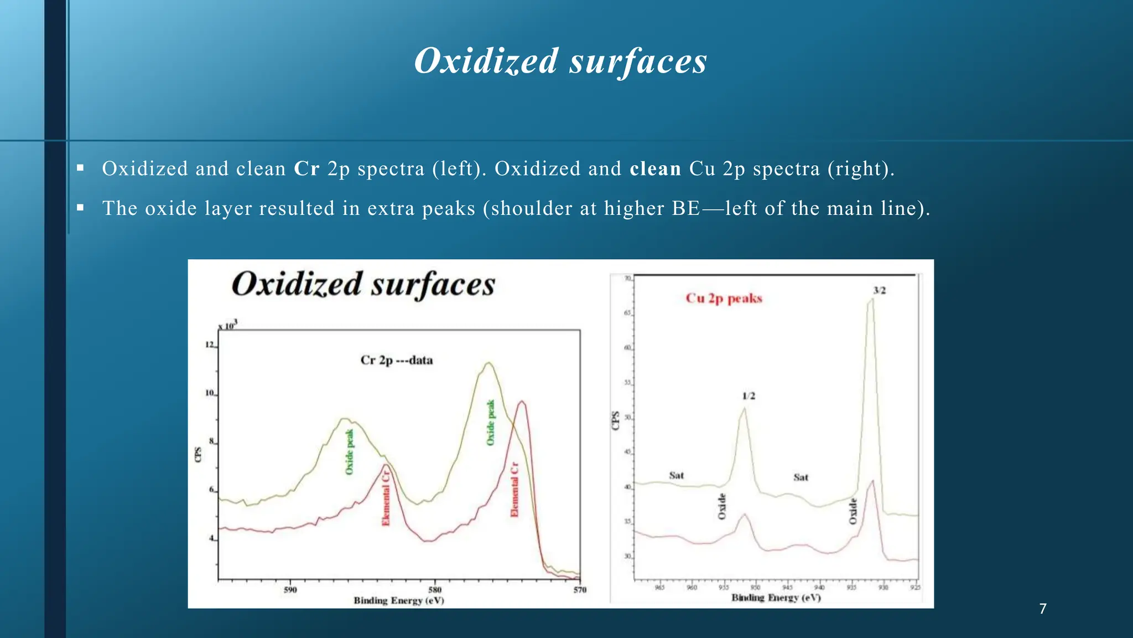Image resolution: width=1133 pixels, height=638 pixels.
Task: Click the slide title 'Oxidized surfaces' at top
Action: (560, 61)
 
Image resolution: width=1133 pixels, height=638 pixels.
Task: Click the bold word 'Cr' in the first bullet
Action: (306, 168)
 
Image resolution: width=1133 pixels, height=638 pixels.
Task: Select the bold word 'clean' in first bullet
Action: (655, 168)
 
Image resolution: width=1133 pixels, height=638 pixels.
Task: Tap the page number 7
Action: (1043, 609)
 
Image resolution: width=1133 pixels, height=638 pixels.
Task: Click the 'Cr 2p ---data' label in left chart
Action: (397, 360)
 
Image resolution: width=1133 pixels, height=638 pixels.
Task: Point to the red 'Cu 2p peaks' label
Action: (724, 298)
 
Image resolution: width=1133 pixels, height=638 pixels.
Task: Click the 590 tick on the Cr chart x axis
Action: (290, 590)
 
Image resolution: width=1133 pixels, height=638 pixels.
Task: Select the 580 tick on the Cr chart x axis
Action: (435, 590)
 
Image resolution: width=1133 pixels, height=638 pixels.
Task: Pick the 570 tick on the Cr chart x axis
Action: (579, 590)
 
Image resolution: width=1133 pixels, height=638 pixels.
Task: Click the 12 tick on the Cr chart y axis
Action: (210, 345)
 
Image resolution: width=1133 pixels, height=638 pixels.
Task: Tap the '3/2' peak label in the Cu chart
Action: (879, 290)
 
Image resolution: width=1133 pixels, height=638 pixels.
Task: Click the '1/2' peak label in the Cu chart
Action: (748, 396)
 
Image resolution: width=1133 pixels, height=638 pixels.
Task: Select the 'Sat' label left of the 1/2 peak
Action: (676, 475)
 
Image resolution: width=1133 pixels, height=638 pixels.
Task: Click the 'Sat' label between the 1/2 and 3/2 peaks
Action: (801, 477)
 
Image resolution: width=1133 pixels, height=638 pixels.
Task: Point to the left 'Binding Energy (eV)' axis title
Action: (399, 600)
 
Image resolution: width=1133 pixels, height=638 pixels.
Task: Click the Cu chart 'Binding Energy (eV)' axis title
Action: (776, 598)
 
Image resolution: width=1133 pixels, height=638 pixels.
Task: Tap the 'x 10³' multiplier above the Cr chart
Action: (227, 325)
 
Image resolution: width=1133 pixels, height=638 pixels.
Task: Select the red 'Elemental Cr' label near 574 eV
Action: (514, 490)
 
